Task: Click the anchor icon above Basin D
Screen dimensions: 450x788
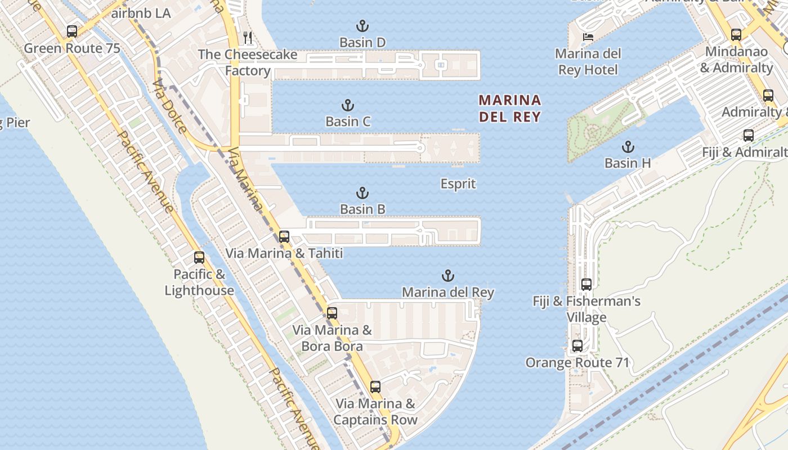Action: [x=362, y=26]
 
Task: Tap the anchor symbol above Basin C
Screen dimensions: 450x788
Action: [x=348, y=105]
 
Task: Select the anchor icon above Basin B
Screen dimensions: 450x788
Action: [x=362, y=193]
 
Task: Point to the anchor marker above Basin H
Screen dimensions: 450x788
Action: [x=628, y=147]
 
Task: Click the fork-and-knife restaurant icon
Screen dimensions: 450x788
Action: [x=248, y=38]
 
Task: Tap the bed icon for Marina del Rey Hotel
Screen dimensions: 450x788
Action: [x=588, y=38]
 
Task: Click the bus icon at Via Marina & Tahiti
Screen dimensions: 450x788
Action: [x=284, y=237]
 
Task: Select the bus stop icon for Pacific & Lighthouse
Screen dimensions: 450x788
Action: [x=199, y=258]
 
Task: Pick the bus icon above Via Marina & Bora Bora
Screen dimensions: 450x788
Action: [x=332, y=313]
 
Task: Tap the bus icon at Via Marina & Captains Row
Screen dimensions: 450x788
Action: [x=375, y=387]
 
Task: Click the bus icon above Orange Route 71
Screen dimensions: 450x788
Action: [x=577, y=346]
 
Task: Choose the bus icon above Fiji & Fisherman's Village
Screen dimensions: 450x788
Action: [x=586, y=285]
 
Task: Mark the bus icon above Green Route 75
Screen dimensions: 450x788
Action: [x=72, y=31]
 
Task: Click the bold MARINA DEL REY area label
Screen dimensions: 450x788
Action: [x=509, y=109]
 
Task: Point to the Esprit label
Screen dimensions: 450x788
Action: [x=458, y=184]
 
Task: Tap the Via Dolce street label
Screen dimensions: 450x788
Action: [x=169, y=105]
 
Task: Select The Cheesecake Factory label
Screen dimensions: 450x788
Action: [x=247, y=62]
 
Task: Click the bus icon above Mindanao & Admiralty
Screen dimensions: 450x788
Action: [x=736, y=35]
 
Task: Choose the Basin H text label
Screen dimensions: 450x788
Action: [x=628, y=163]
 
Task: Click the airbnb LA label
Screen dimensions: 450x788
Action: [x=141, y=13]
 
